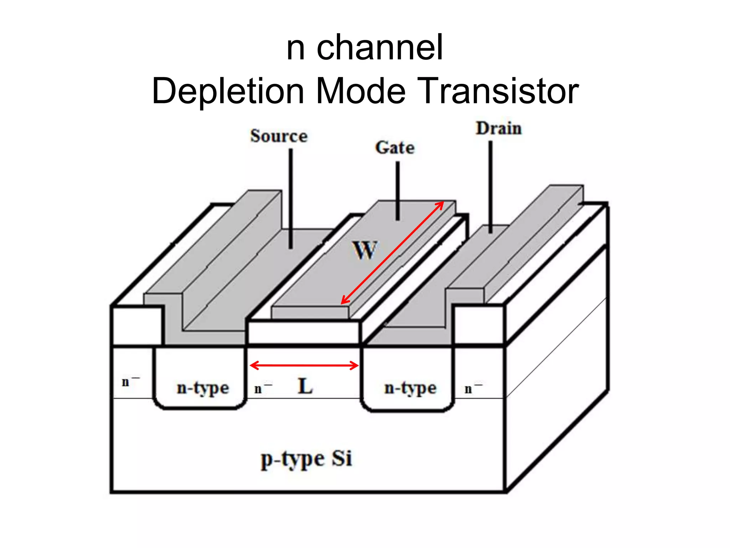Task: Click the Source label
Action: [x=279, y=136]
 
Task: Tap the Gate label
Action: [x=395, y=148]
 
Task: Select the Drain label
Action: [x=499, y=128]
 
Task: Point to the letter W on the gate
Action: [x=364, y=250]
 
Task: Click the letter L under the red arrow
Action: [x=305, y=386]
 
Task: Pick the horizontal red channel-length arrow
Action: [x=304, y=365]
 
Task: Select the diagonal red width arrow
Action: [x=392, y=253]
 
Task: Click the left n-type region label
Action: [x=203, y=388]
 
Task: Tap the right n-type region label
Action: [x=410, y=388]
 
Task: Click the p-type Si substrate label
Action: [x=307, y=459]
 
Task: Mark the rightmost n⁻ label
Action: [x=473, y=388]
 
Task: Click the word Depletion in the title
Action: [x=228, y=91]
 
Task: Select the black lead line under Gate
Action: [x=397, y=191]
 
